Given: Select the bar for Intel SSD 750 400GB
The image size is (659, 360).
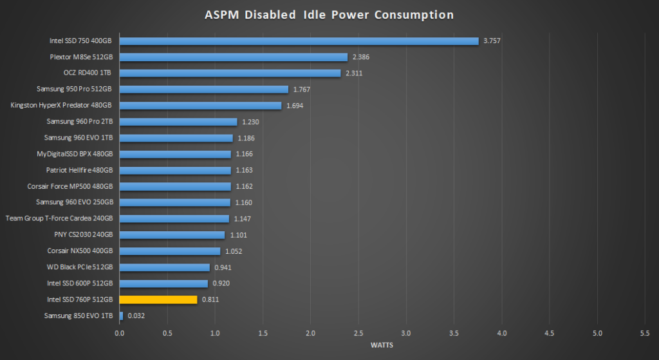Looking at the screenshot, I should [x=299, y=41].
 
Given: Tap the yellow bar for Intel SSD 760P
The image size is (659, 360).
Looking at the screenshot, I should [x=158, y=299].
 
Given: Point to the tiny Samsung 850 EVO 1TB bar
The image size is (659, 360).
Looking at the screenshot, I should [x=121, y=316].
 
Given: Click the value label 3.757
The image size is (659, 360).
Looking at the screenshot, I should [x=492, y=41].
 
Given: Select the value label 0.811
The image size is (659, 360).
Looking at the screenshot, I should [x=210, y=299].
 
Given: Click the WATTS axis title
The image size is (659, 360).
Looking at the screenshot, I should [x=383, y=345].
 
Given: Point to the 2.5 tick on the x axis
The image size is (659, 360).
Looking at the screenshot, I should [x=358, y=333].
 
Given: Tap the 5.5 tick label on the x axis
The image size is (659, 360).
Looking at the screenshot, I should [x=645, y=333].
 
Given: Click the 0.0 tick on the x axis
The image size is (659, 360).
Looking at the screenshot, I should [x=120, y=333].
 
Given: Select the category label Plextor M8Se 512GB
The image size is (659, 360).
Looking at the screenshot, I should [x=82, y=57].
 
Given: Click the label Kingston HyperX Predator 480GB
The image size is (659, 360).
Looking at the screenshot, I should [x=62, y=106].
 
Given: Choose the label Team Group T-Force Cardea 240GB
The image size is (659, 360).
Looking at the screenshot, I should [x=59, y=218].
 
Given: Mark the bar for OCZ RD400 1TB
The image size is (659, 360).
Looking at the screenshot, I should [x=230, y=73].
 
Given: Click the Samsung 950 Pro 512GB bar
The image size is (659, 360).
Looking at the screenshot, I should [x=203, y=90].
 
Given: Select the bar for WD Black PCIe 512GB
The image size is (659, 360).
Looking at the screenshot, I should [x=164, y=267].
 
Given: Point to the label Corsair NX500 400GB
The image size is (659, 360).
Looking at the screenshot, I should [x=80, y=251].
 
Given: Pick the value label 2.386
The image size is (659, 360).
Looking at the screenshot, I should [x=360, y=57].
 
